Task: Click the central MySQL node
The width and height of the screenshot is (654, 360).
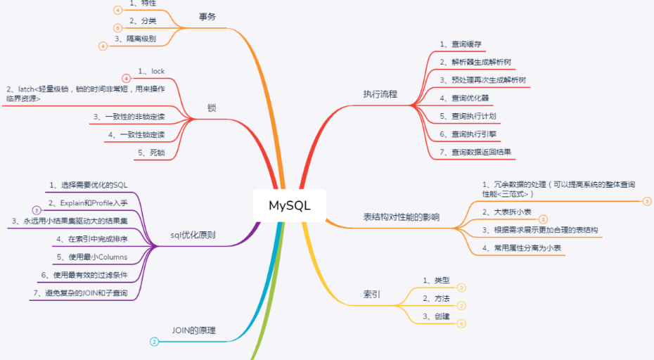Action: point(289,206)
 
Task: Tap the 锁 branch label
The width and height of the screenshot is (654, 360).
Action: point(212,109)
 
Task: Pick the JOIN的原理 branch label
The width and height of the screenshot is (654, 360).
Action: point(194,330)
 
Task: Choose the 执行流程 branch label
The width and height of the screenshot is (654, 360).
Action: point(380,94)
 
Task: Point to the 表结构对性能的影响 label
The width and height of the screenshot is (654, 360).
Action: point(401,217)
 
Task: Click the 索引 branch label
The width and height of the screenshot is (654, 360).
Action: point(372,294)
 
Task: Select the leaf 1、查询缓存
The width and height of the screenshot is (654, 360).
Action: point(461,44)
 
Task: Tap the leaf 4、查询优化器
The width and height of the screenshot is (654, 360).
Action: point(465,98)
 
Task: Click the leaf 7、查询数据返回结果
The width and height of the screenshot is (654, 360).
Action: point(475,151)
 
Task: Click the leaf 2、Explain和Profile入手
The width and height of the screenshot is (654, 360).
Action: point(88,203)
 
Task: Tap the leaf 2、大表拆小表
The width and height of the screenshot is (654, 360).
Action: point(506,212)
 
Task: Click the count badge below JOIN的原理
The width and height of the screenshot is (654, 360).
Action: point(154,342)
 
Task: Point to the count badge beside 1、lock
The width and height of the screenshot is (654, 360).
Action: point(126,78)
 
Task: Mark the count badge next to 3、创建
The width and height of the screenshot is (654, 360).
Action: point(461,323)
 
